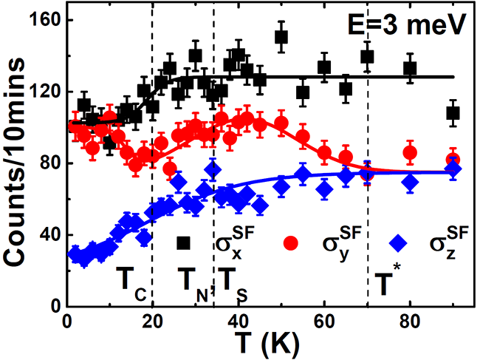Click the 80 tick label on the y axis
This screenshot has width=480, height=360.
pos(48,163)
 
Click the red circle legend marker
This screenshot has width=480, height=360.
pos(291,242)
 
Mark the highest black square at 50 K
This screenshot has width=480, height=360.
pos(281,37)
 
